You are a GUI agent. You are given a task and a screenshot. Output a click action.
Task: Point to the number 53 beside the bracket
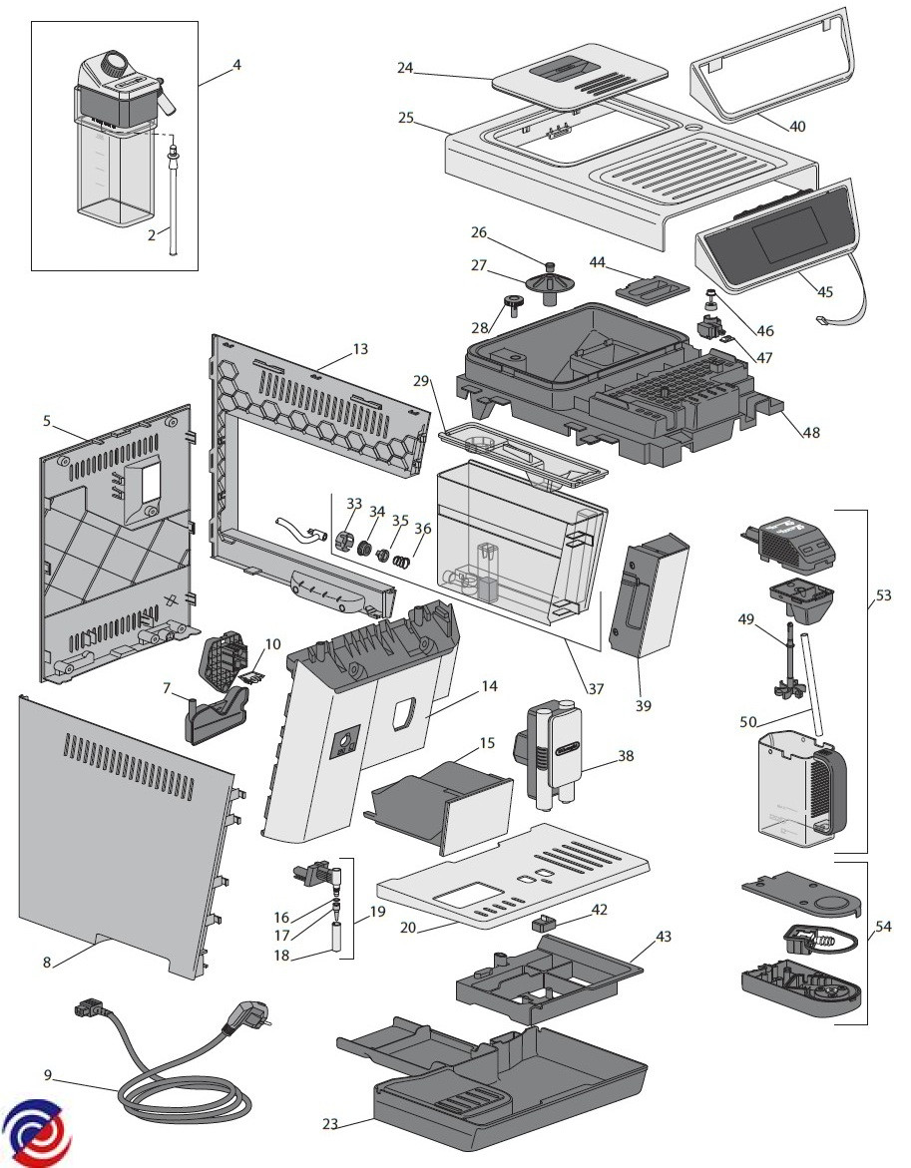point(884,595)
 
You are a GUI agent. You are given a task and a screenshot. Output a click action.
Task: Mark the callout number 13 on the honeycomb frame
point(359,349)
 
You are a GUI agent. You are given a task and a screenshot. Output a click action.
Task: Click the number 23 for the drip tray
point(330,1124)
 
